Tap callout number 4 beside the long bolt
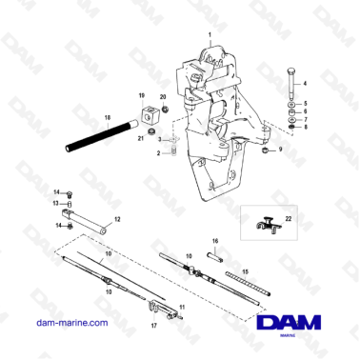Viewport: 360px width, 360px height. coord(307,84)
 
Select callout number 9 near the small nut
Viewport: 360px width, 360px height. coord(280,150)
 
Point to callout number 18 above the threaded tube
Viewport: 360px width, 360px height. coord(108,116)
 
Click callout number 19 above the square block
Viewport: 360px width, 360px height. coord(141,96)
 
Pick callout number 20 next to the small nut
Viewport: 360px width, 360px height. coord(163,97)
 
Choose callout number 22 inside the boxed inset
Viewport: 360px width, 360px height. coord(290,220)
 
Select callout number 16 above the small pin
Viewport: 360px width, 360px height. coord(215,242)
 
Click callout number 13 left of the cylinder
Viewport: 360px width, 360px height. coord(55,202)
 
